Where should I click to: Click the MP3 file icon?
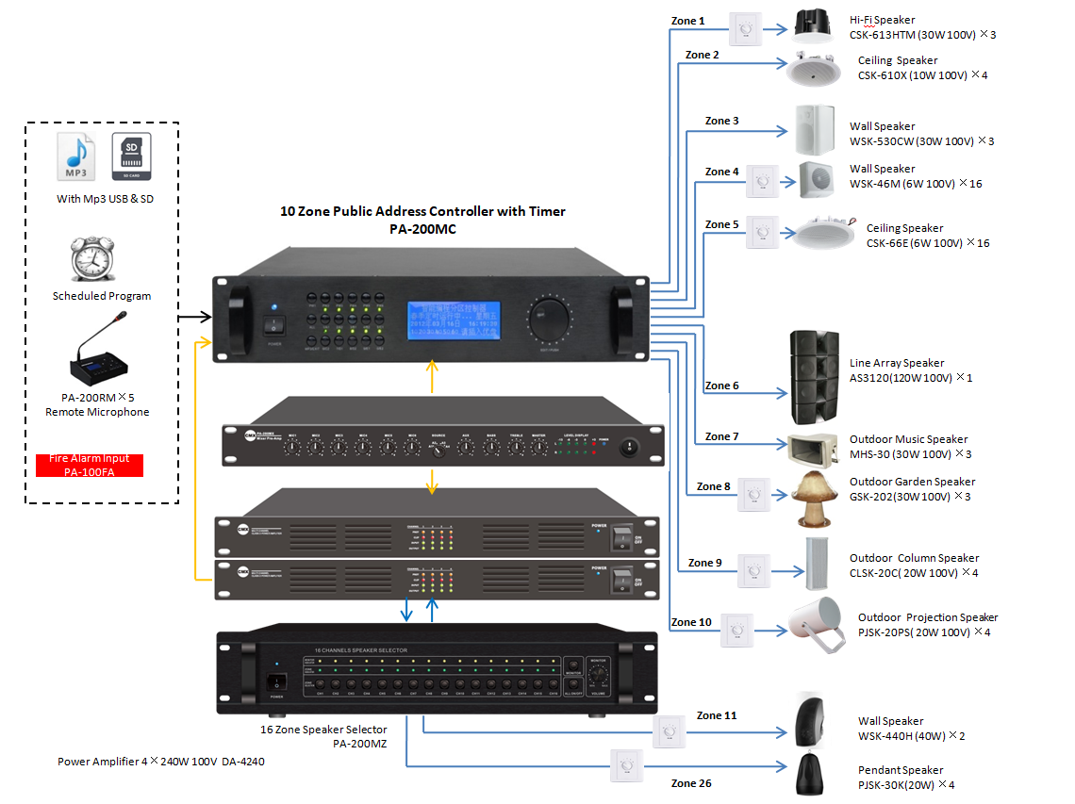pos(76,156)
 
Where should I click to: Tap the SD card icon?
pos(130,156)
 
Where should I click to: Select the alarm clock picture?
pos(92,258)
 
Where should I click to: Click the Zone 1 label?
pos(688,21)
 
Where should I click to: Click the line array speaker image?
pos(814,376)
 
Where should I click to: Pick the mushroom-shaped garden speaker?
pos(815,498)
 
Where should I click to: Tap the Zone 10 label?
pos(691,622)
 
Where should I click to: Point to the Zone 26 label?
pos(690,782)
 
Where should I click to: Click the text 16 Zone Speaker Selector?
pos(323,729)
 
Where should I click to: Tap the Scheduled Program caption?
pos(102,296)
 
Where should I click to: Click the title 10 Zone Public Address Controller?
pos(422,211)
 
